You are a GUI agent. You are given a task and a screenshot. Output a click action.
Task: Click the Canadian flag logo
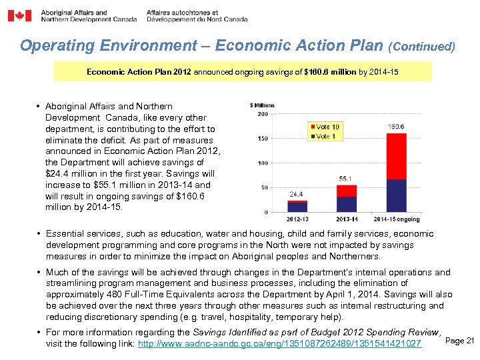tap(19, 15)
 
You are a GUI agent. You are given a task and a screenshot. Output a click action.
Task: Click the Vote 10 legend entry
tap(326, 127)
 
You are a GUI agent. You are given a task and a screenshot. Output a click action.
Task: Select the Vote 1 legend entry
tap(325, 136)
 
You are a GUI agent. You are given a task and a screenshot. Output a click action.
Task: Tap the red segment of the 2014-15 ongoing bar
tap(396, 155)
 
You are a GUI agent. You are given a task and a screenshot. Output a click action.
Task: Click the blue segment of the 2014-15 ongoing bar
tap(396, 195)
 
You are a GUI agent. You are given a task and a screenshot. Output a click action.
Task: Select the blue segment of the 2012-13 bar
tap(297, 207)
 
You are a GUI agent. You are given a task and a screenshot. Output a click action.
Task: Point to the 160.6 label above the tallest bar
tap(396, 127)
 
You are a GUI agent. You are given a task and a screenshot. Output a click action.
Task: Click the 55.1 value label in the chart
tap(346, 179)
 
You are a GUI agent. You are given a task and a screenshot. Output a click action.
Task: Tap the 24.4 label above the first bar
tap(297, 194)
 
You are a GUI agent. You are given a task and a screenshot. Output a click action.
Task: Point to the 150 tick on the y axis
tap(263, 139)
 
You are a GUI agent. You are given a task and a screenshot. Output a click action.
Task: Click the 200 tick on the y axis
tap(263, 114)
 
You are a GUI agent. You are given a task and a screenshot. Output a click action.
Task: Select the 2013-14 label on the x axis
tap(346, 219)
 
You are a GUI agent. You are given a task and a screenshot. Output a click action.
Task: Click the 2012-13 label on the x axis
tap(297, 219)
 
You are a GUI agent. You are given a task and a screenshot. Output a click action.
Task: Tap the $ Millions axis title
tap(262, 105)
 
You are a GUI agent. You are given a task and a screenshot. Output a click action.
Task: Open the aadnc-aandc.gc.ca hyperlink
tap(279, 343)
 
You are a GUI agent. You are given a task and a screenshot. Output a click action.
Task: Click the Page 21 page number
tap(459, 341)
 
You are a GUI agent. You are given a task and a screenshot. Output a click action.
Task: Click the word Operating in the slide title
tap(57, 46)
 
